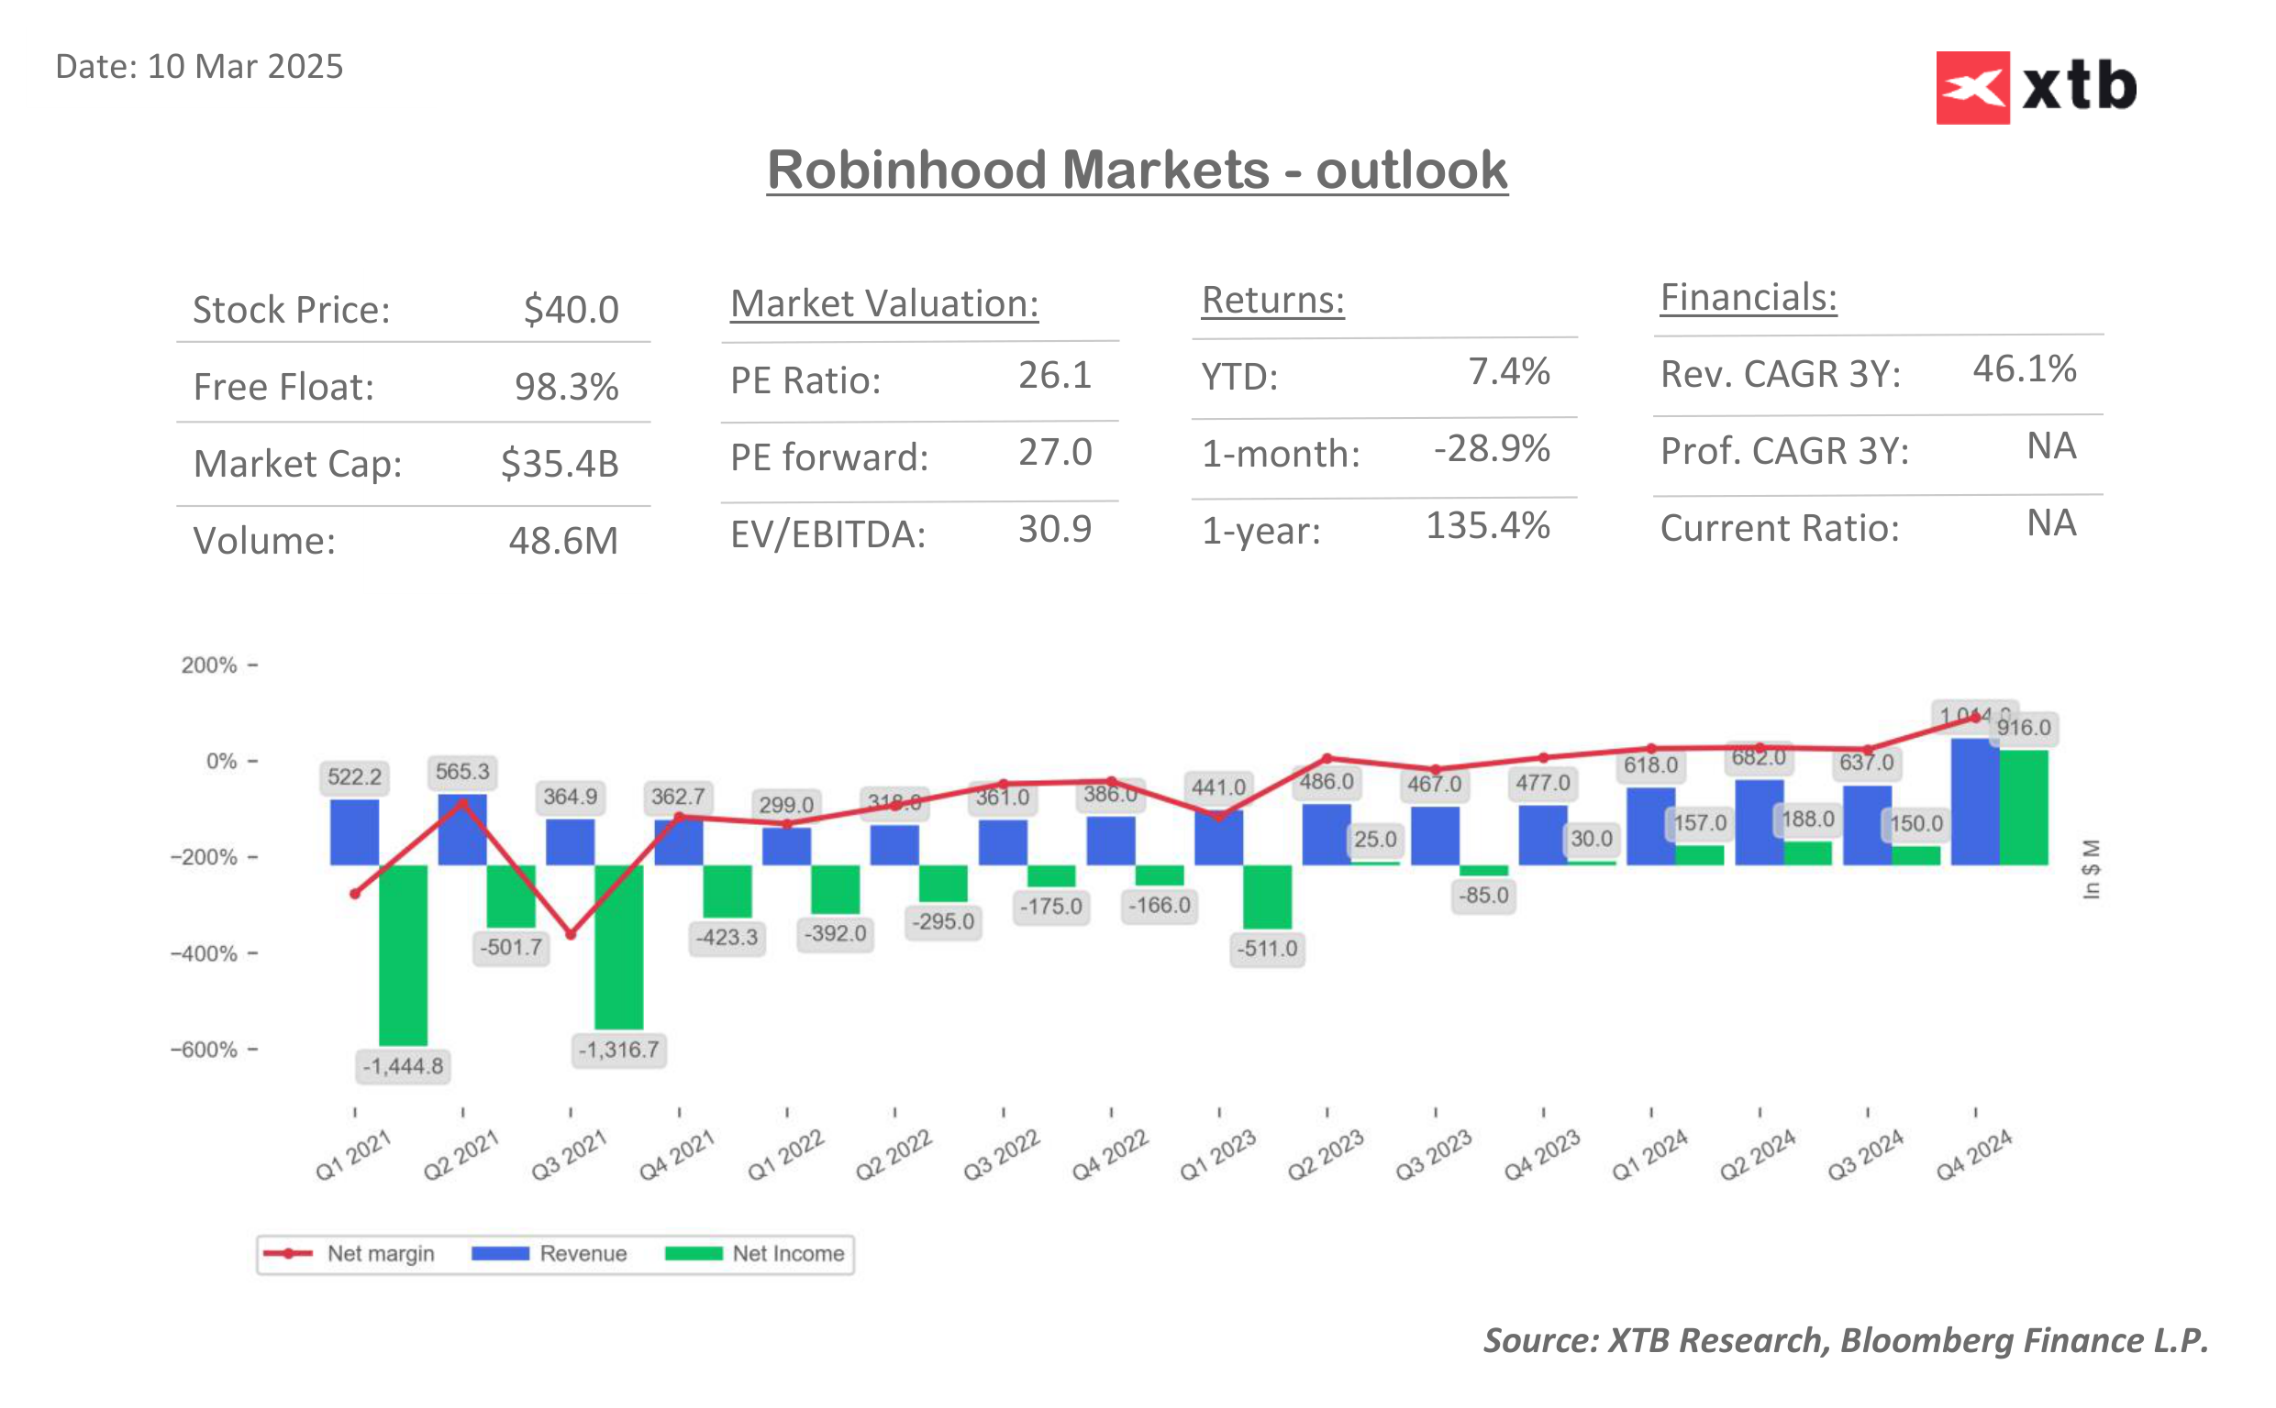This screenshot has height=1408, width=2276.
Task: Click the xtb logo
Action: click(2035, 87)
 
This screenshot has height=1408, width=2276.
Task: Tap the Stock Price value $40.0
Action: click(571, 310)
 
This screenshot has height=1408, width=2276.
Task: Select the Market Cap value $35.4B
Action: click(559, 464)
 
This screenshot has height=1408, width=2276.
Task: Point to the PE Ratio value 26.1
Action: click(1054, 375)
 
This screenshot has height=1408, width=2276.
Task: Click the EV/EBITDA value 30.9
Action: click(1054, 529)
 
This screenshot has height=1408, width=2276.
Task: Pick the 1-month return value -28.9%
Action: click(1491, 449)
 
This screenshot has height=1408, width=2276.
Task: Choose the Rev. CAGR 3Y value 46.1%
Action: click(2024, 368)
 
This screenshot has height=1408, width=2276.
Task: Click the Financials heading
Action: click(1748, 298)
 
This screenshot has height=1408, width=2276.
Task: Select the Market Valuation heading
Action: click(883, 303)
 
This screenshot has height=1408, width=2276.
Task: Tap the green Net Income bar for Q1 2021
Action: click(403, 954)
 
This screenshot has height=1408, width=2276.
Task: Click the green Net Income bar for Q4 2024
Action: click(2023, 808)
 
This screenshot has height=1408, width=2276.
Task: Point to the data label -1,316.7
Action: click(617, 1050)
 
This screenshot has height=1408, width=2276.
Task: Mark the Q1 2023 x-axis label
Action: click(1217, 1155)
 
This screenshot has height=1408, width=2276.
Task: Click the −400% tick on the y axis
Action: click(205, 953)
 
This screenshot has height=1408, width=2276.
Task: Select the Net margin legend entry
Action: click(350, 1253)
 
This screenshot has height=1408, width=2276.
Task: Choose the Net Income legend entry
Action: click(756, 1253)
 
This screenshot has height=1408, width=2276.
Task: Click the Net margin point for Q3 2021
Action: click(571, 934)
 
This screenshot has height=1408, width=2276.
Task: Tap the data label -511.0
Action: click(1266, 949)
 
